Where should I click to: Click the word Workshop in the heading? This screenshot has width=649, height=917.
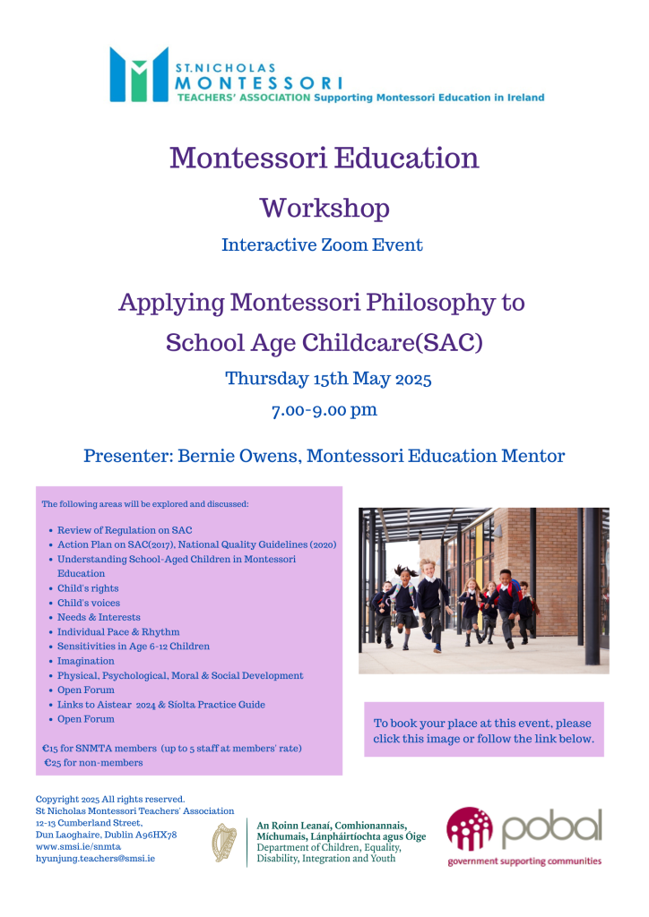(324, 208)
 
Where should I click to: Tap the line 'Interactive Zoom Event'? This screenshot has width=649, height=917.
(322, 244)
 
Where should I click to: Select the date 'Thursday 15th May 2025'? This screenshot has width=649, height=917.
(328, 379)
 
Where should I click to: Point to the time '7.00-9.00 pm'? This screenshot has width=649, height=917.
(324, 411)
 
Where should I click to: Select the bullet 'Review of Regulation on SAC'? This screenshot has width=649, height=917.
(125, 530)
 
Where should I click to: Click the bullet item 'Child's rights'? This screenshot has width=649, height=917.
(88, 588)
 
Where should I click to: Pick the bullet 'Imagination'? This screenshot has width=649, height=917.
(86, 661)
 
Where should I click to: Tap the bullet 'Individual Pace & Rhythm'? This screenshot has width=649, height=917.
(118, 631)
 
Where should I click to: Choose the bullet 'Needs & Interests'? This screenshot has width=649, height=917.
(99, 617)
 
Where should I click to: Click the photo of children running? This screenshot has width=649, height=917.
(483, 590)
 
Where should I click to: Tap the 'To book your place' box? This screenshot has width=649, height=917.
(483, 731)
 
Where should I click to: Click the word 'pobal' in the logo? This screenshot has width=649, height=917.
(550, 829)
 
